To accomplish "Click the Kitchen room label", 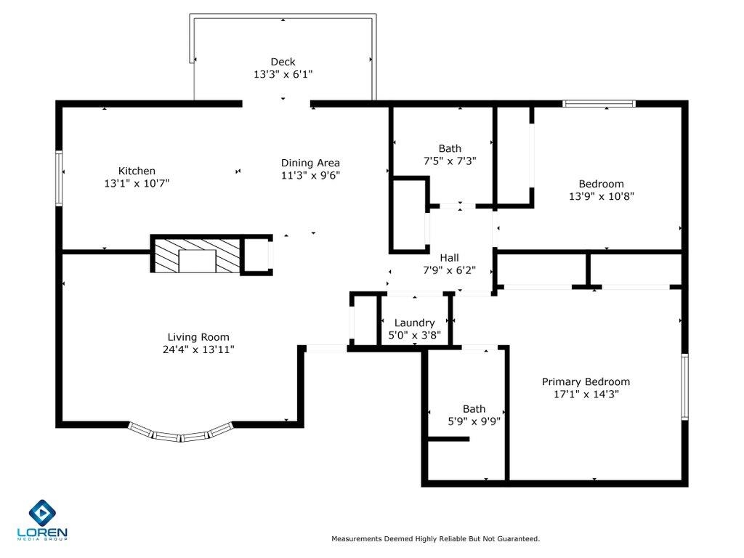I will [x=137, y=171].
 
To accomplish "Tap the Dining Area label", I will [x=310, y=163].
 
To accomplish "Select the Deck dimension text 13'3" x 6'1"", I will [x=283, y=74].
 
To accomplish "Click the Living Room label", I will [x=198, y=337].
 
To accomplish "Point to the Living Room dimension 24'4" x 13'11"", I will [x=198, y=349].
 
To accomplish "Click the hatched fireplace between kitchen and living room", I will [x=197, y=256].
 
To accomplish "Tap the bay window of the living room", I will [x=181, y=434].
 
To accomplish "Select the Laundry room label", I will [x=414, y=323].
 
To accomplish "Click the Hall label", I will [x=449, y=258].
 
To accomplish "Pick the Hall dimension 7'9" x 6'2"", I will [x=449, y=270].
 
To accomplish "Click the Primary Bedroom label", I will [x=586, y=382].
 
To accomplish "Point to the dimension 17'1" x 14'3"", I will [x=586, y=395].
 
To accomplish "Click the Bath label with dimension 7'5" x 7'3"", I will [x=449, y=149].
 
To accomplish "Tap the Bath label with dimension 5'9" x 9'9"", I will [x=474, y=409].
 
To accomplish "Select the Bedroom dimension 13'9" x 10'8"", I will [x=601, y=196].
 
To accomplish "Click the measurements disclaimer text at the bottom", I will [x=435, y=539].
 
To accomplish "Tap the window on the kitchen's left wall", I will [x=60, y=178].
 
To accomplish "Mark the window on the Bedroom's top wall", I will [x=599, y=104].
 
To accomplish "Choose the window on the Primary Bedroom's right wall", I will [x=684, y=387].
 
